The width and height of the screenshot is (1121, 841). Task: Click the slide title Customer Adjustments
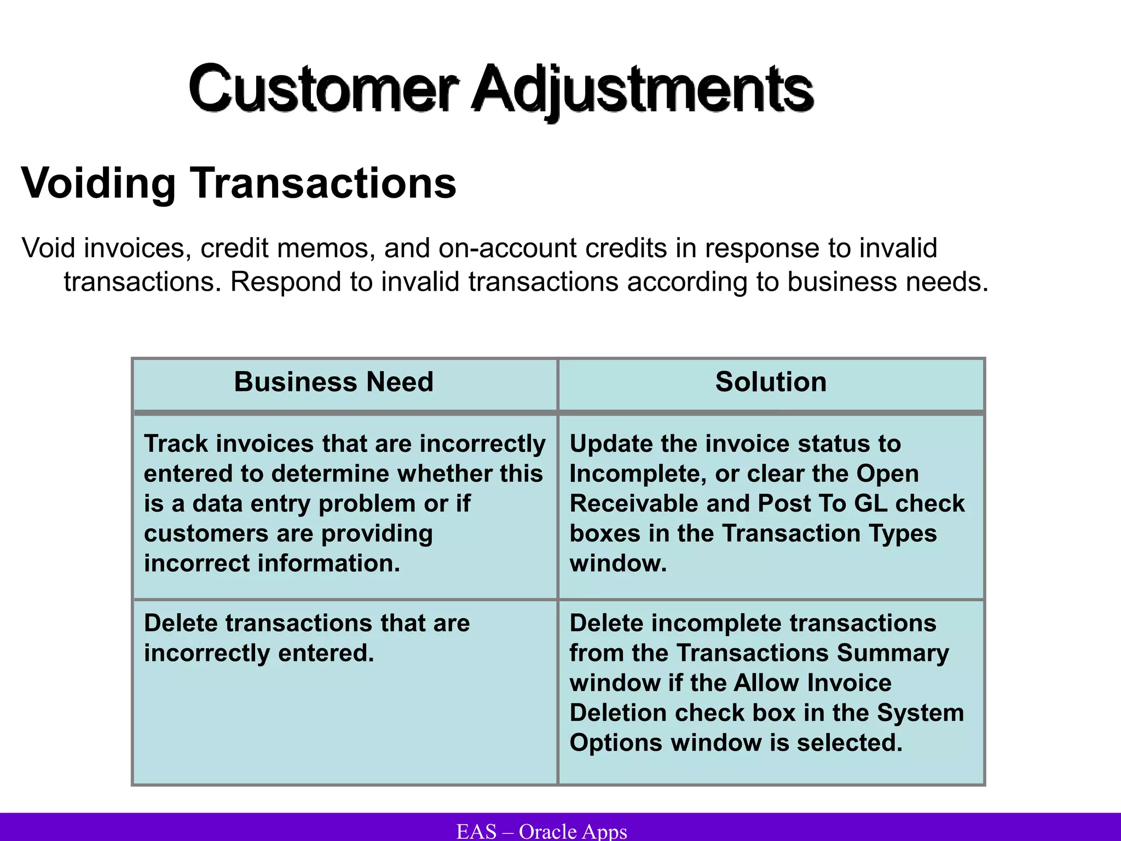point(501,89)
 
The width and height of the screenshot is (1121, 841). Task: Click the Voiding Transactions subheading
point(239,183)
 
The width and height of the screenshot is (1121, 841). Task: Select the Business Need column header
point(333,382)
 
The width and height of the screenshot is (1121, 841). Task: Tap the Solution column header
point(771,382)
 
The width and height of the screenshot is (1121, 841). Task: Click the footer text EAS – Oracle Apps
point(541,831)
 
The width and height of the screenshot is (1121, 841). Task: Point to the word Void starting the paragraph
point(48,248)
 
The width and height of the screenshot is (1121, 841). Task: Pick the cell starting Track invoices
point(344,503)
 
